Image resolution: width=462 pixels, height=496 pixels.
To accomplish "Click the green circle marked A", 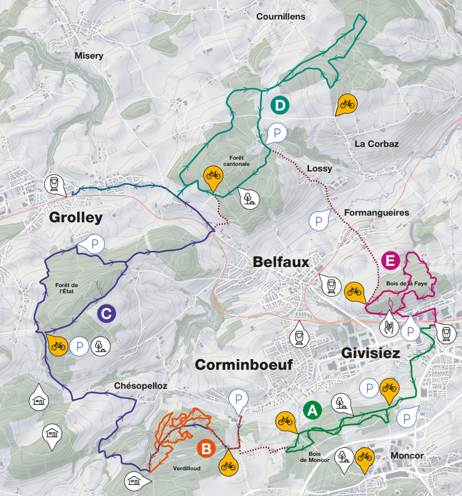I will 313,411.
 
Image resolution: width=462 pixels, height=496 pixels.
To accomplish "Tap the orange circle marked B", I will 206,448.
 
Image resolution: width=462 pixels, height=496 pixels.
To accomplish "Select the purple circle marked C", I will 106,313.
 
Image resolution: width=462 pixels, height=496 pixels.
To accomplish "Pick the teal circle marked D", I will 280,105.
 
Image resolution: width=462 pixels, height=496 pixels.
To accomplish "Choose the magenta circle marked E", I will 390,260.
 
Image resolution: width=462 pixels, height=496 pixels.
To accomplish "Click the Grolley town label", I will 76,217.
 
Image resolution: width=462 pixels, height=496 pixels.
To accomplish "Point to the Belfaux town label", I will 280,262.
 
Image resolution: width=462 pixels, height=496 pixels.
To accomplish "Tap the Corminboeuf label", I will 244,365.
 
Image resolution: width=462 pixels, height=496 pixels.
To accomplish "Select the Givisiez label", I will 370,354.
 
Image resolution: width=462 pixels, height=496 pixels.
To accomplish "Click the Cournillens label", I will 280,17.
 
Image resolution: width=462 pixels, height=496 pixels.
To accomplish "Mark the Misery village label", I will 89,55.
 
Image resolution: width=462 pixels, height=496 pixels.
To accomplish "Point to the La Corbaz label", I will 377,144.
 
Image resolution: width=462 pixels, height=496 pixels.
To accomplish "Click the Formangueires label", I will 377,213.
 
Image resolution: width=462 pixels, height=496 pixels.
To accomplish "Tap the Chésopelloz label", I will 140,386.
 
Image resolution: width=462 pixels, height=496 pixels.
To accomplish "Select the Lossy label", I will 320,168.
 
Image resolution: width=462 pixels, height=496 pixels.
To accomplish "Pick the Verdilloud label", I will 187,468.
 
